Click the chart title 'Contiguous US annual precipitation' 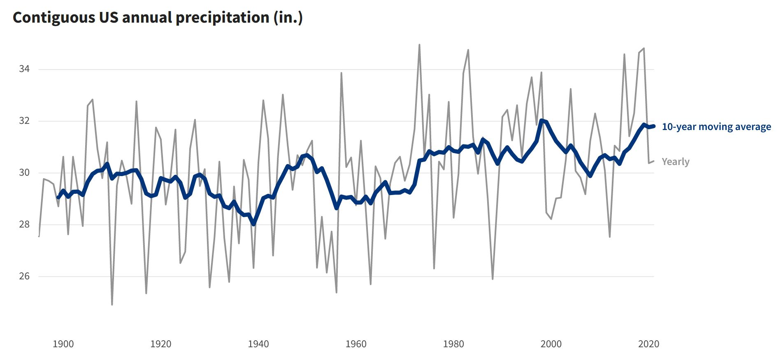(x=158, y=17)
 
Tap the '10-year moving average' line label (x=716, y=127)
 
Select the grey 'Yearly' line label (x=675, y=162)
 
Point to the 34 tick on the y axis (x=24, y=69)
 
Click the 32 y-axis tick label (x=24, y=121)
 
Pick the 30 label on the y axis (x=24, y=172)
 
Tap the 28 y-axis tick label (x=24, y=224)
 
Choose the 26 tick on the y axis (x=24, y=276)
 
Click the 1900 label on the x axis (x=63, y=344)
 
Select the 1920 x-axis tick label (x=160, y=344)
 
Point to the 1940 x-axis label (x=258, y=344)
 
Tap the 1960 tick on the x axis (x=355, y=344)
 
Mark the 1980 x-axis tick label (x=453, y=344)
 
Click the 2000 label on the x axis (x=551, y=344)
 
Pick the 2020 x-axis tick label (x=648, y=344)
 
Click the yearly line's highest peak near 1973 (x=419, y=45)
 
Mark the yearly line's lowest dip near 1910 (x=112, y=304)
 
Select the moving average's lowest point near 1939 (x=253, y=224)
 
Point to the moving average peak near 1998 (x=541, y=120)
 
